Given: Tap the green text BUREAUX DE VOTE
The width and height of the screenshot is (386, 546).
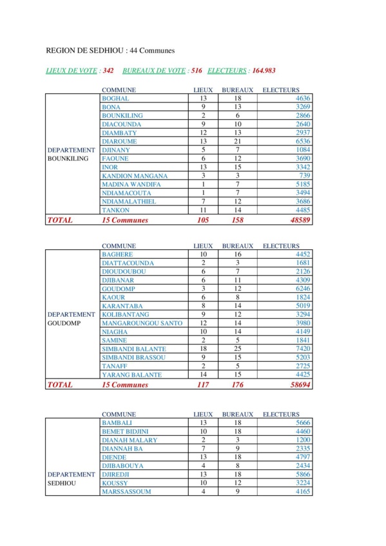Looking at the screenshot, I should click(154, 70).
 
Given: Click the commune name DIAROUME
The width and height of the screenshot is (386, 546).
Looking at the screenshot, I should click(119, 141).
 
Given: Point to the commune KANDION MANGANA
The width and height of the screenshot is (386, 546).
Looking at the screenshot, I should click(135, 176).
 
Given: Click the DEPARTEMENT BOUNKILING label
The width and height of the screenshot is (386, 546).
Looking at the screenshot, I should click(72, 154).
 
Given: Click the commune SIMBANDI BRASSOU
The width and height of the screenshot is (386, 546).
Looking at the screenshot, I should click(133, 357).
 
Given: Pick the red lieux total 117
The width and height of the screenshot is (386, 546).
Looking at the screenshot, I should click(203, 384).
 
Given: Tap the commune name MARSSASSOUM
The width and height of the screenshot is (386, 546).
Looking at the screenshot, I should click(126, 492).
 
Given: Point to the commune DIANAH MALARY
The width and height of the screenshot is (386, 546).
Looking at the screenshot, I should click(130, 440).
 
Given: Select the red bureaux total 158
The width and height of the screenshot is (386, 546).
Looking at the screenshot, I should click(237, 220).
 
